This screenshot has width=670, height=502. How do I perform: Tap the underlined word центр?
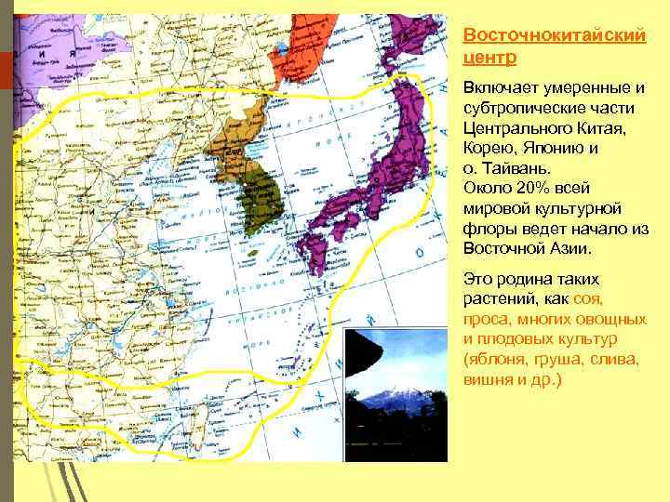click(489, 56)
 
